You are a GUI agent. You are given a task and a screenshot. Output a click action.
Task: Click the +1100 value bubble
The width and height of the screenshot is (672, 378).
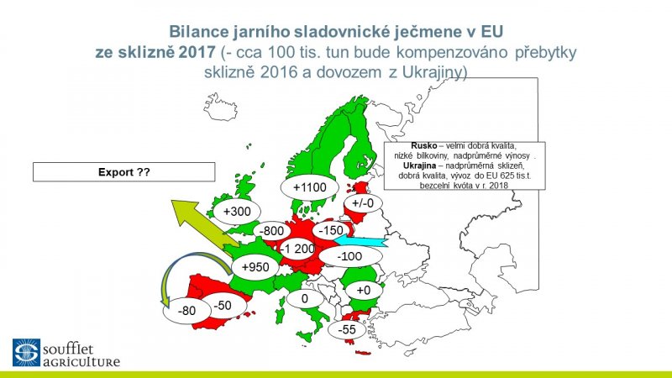(x=310, y=187)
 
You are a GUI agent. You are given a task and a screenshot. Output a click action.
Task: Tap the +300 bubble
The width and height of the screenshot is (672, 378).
(x=237, y=212)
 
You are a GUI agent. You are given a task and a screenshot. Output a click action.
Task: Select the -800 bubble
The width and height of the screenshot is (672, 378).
(x=271, y=231)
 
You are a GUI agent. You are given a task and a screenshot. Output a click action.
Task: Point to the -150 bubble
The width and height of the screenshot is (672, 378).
(x=331, y=230)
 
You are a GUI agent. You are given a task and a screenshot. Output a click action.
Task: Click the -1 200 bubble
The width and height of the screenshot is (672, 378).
(x=297, y=248)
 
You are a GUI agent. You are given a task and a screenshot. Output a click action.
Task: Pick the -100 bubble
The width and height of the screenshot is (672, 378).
(x=349, y=256)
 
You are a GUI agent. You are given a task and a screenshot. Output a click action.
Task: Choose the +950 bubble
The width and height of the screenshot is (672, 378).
(x=255, y=267)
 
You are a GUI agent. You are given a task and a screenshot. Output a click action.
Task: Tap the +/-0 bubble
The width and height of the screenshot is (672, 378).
(x=363, y=202)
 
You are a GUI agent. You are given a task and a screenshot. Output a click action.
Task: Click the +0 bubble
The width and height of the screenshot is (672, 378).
(x=364, y=290)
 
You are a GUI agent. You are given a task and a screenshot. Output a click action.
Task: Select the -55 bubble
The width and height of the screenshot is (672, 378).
(x=347, y=329)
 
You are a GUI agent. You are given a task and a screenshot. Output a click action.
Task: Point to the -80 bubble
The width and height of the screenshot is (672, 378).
(x=186, y=310)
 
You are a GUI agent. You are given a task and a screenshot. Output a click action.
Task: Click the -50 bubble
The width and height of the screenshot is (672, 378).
(x=223, y=306)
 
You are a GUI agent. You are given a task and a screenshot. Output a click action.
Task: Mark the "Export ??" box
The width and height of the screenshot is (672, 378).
(x=123, y=172)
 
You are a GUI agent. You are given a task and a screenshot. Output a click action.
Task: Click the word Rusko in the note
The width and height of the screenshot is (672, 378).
(x=424, y=145)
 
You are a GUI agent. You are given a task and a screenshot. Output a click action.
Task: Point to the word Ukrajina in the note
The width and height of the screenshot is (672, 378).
(x=419, y=165)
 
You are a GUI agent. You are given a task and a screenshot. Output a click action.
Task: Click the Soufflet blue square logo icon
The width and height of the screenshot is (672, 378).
(x=26, y=352)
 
